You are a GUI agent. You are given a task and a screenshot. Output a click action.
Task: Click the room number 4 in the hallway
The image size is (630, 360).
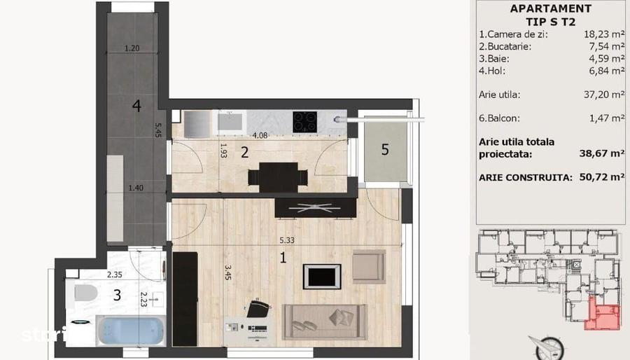coord(136,106)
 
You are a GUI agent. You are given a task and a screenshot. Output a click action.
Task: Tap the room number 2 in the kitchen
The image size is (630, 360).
coord(244,153)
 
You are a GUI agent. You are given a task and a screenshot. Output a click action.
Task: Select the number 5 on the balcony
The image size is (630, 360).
coord(385,150)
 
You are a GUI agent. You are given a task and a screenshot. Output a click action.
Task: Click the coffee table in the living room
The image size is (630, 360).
coord(322,277)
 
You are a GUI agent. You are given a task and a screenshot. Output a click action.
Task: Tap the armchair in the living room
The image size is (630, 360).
coord(369,266)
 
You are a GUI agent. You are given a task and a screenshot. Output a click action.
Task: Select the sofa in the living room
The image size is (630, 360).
coord(324,321)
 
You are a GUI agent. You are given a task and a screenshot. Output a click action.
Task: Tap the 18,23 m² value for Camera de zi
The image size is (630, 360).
coord(604,33)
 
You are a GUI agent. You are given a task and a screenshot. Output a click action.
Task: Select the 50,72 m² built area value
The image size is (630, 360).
coord(602,177)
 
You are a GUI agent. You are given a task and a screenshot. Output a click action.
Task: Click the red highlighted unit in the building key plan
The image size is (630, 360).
coord(602,313)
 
